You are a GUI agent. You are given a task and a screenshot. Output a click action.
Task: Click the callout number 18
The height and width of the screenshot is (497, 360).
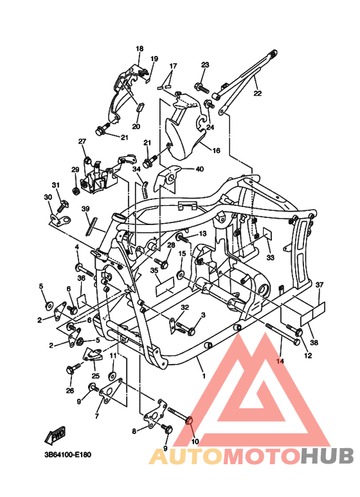tap(139, 49)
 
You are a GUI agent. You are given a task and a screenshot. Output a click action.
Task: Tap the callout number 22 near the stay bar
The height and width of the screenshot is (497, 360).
tap(258, 93)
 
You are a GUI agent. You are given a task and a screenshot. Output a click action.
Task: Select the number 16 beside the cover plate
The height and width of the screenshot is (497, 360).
tap(216, 150)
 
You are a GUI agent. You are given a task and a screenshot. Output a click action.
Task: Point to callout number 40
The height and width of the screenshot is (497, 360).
tap(199, 169)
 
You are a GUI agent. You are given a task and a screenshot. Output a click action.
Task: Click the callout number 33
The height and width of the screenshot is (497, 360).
tap(270, 257)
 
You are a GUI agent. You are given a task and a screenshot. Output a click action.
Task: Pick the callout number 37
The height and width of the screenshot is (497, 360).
tap(319, 284)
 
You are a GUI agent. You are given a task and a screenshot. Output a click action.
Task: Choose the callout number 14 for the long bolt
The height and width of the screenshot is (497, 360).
tap(280, 362)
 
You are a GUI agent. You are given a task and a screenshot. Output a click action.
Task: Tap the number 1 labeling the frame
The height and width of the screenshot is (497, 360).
tap(204, 375)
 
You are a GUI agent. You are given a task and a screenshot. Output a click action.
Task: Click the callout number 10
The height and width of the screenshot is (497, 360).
tap(195, 442)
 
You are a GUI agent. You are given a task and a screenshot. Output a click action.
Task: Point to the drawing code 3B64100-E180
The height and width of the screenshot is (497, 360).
tap(67, 455)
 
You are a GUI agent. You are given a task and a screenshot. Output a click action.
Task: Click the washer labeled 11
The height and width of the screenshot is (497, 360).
tap(113, 374)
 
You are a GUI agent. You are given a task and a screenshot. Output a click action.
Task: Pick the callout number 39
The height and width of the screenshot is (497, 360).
tap(85, 209)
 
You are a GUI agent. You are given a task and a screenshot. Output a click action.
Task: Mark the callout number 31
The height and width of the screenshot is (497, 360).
tap(56, 185)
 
